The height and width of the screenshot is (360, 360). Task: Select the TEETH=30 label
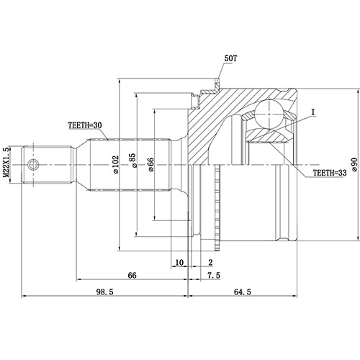(86, 125)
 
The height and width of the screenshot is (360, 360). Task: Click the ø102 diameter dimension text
(116, 166)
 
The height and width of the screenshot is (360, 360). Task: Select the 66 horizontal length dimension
(132, 275)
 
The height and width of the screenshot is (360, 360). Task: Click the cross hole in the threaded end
(32, 165)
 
